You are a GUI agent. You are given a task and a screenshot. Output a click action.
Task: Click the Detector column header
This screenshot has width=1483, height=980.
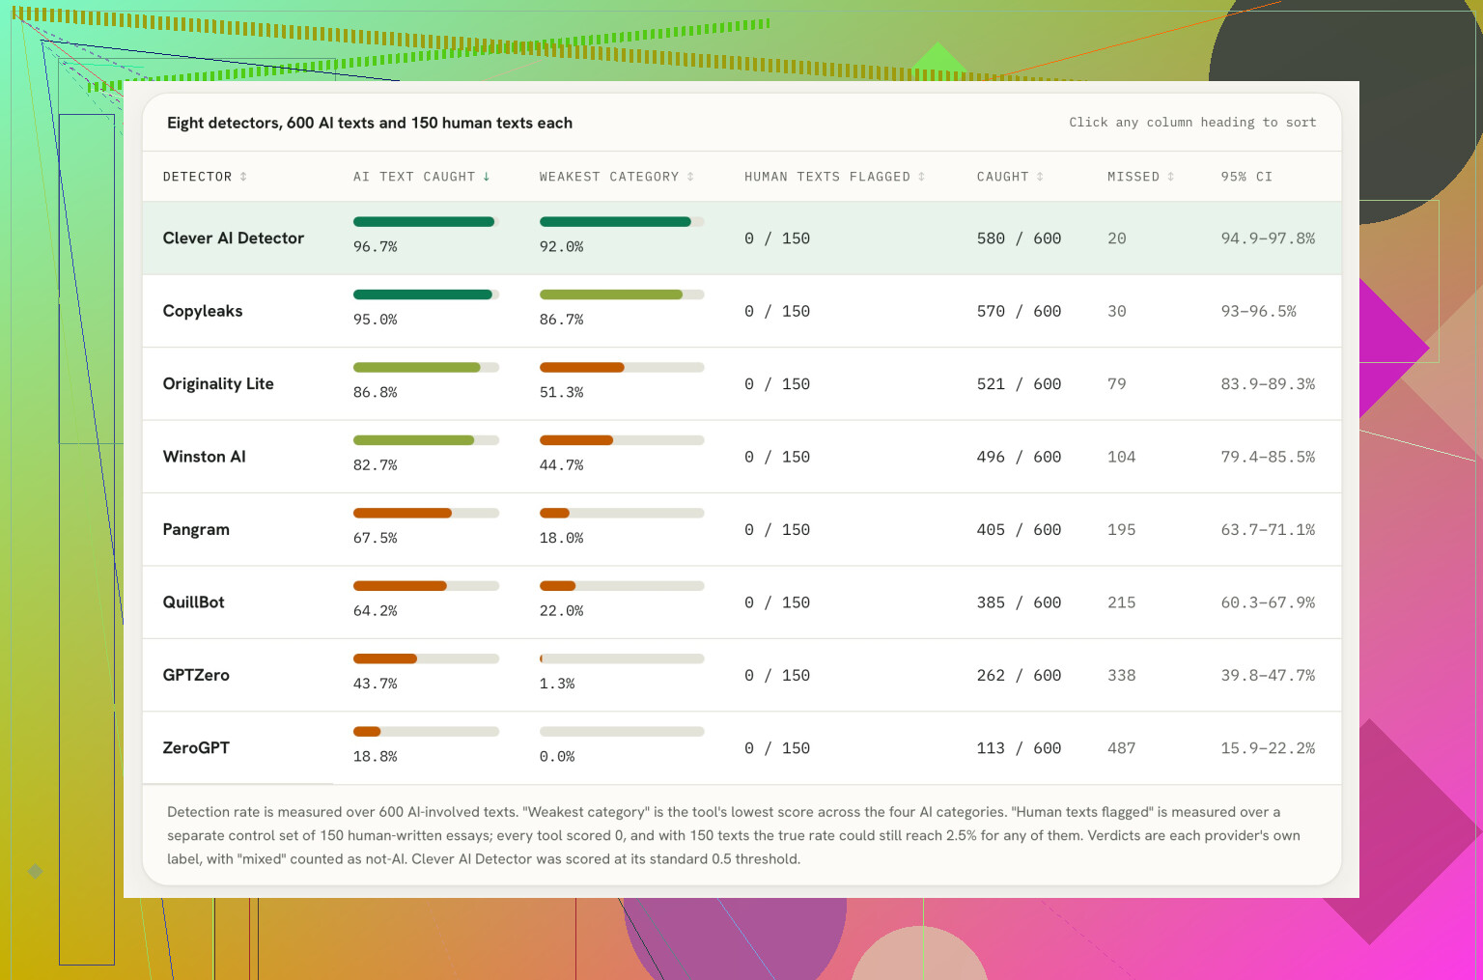(205, 177)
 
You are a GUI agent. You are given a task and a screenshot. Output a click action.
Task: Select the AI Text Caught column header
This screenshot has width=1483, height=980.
(422, 177)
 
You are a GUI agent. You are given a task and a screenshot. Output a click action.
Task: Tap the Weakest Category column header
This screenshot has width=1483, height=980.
(616, 177)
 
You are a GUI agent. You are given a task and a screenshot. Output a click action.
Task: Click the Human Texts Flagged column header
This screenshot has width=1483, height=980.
(834, 177)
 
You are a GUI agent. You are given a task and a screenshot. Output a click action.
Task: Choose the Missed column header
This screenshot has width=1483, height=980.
(1140, 177)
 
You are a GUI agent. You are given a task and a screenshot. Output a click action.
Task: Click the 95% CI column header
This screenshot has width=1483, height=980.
(1246, 177)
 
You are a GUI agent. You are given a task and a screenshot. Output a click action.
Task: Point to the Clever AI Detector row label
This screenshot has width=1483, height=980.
(233, 238)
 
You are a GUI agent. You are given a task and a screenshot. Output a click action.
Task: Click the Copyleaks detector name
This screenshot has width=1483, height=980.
(203, 311)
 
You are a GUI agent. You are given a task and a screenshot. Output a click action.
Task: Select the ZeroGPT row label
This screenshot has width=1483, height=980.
(196, 747)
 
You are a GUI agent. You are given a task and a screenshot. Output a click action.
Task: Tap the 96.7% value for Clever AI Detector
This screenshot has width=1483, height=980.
(375, 246)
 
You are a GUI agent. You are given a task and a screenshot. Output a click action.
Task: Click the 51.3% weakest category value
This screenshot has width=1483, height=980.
(561, 392)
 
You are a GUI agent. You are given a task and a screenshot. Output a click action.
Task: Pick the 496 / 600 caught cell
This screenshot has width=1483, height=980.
(1019, 457)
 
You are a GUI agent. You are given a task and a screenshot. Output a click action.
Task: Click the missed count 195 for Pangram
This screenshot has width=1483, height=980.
(1121, 530)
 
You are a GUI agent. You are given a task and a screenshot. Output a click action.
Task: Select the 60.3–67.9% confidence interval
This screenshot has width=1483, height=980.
(1267, 602)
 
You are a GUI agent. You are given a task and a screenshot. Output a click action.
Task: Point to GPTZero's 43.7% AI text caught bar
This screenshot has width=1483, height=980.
(384, 658)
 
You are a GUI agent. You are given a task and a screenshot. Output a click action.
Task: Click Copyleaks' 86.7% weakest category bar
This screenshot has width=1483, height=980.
(610, 294)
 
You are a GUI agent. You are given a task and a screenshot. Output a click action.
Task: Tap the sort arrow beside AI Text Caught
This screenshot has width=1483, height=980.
(486, 177)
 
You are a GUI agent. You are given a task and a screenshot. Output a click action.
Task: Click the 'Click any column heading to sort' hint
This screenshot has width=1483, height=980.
(1192, 123)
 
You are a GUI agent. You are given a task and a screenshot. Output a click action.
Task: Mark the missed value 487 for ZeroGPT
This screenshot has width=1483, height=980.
(1121, 748)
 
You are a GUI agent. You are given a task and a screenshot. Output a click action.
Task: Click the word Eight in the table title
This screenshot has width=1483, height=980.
(185, 124)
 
